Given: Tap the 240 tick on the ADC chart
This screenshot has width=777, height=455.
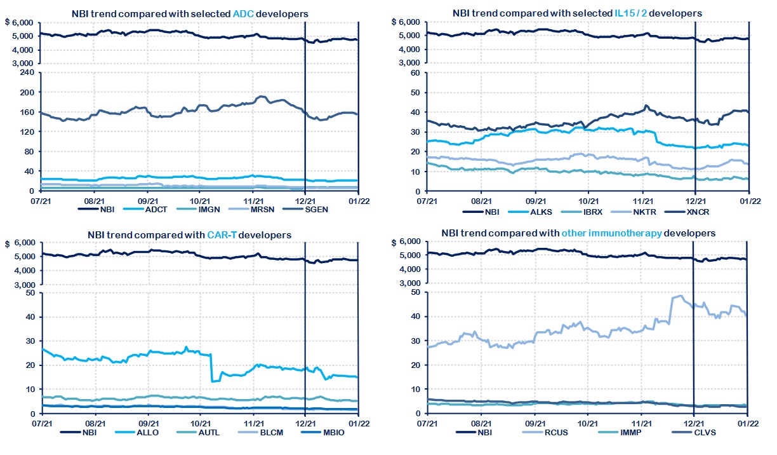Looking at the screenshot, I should click(x=27, y=72).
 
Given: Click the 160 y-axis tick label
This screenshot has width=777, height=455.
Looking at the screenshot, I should click(x=27, y=112).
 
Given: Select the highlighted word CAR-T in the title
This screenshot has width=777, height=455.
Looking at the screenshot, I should click(x=224, y=235).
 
